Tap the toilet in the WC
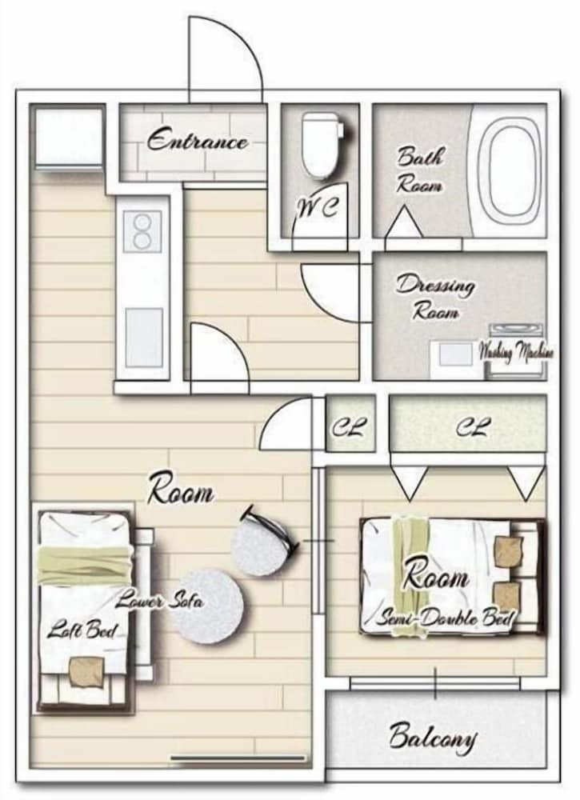320,145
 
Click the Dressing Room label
435,297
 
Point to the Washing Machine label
515,351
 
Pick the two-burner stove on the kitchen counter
142,232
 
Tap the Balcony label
433,738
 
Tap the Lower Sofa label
158,601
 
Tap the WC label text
318,207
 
